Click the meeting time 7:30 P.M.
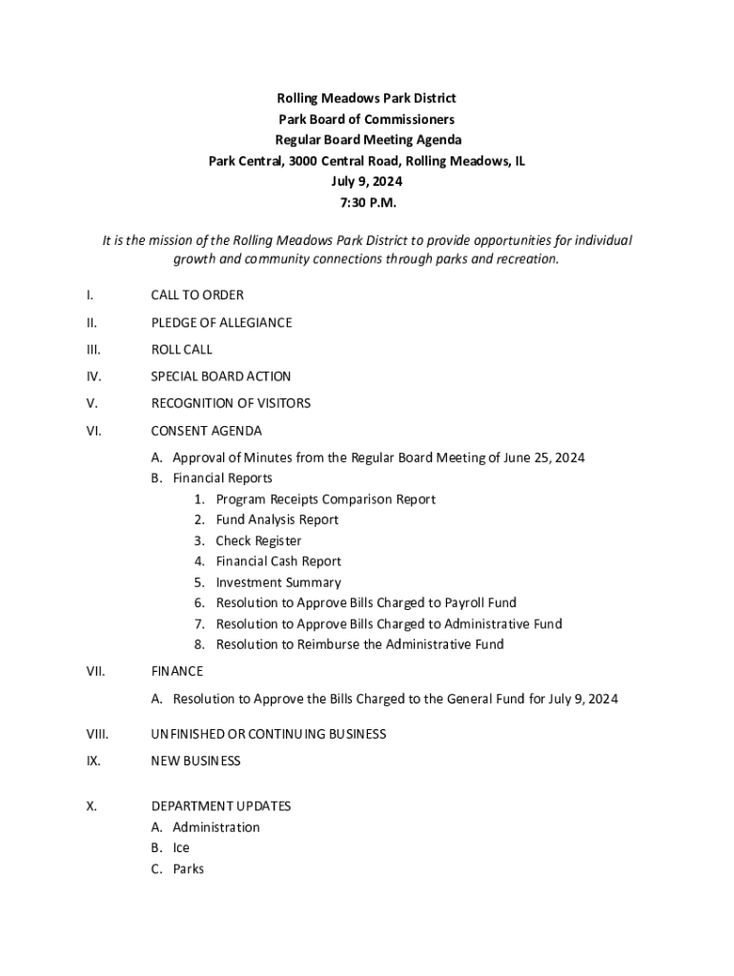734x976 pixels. point(367,202)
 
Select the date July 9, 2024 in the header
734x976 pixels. point(367,181)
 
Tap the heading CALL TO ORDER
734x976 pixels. point(197,295)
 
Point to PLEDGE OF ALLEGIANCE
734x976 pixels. point(221,322)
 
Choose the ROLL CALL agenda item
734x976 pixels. point(182,350)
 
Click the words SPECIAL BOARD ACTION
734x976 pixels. point(221,376)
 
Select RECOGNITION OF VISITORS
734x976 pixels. point(231,403)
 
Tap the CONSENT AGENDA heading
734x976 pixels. point(206,431)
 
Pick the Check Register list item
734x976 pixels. point(258,540)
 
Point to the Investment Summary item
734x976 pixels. point(278,582)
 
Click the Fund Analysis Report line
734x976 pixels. point(277,519)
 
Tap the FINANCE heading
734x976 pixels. point(177,671)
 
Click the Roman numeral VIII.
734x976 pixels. point(97,734)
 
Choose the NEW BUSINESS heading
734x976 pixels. point(195,761)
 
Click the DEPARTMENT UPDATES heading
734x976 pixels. point(221,806)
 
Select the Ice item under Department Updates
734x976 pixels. point(181,848)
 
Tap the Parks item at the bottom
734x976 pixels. point(188,869)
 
